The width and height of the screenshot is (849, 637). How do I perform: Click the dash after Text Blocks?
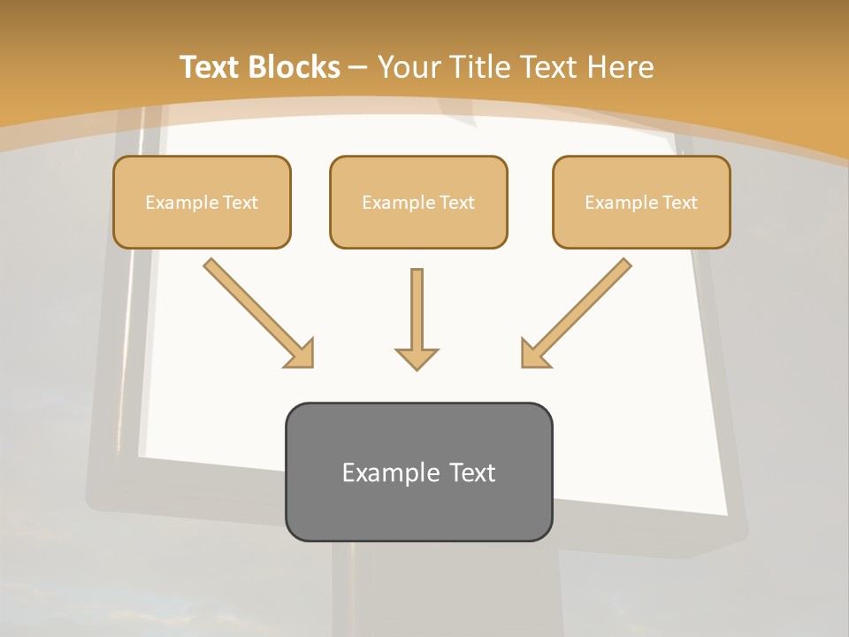coord(358,67)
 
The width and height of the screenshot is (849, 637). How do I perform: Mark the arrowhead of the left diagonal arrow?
coord(301,354)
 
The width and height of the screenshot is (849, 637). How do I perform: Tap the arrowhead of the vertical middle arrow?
coord(417,358)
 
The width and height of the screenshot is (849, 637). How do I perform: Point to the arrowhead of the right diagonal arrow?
coord(534,354)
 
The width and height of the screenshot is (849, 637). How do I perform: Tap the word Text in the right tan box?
coord(679,203)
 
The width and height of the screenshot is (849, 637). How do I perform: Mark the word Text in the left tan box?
coord(241,203)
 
